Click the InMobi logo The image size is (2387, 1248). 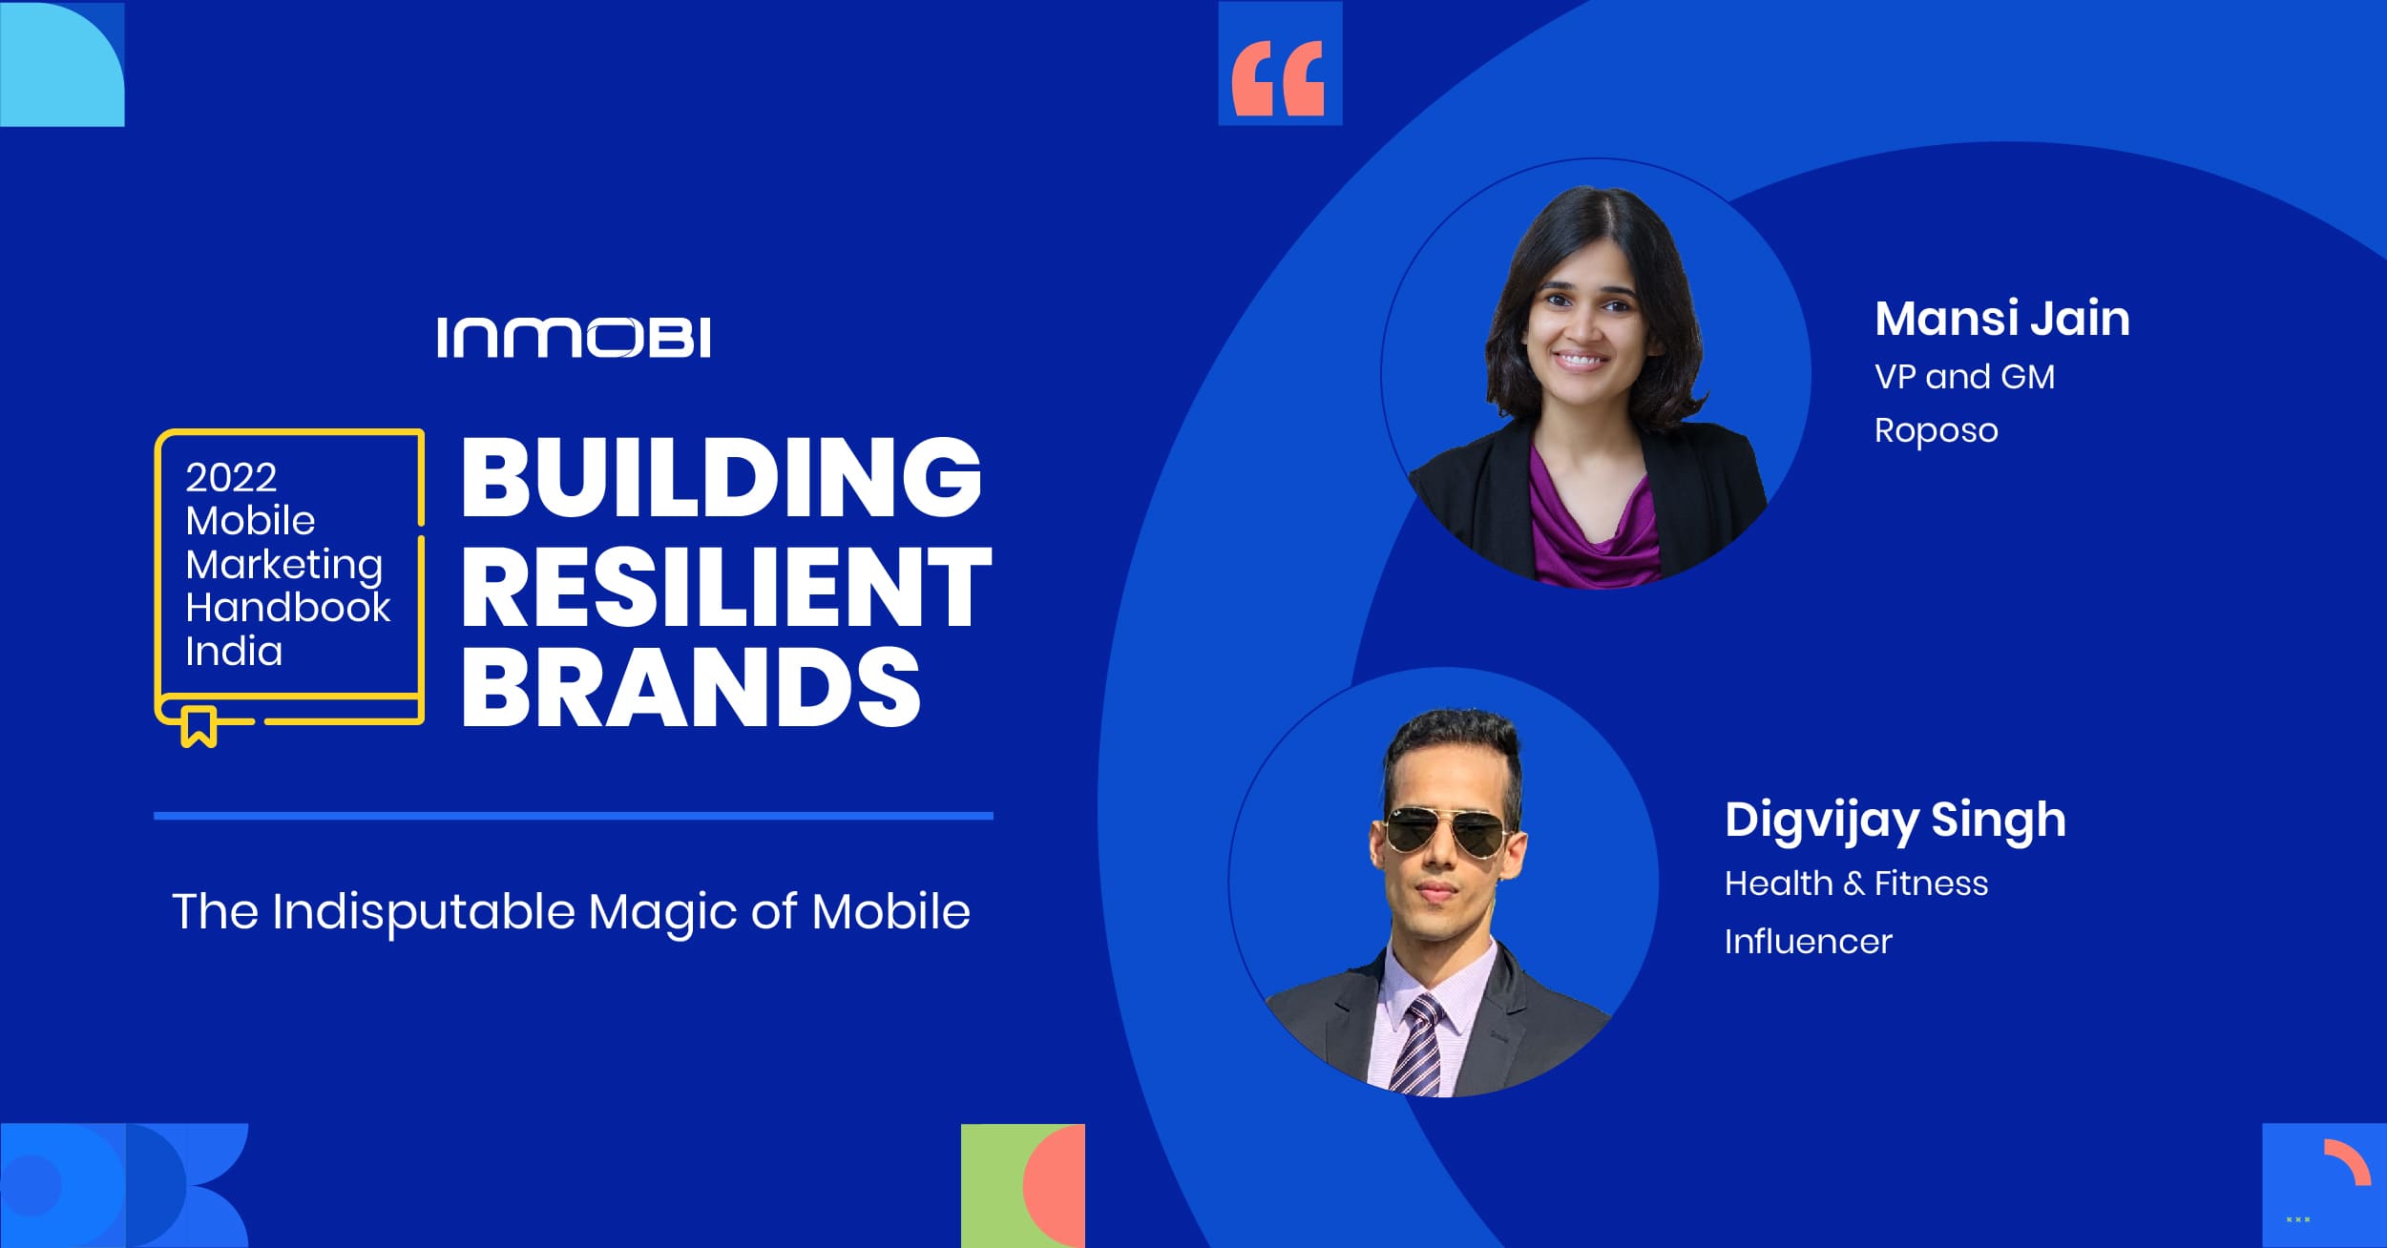tap(574, 338)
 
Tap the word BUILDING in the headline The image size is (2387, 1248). tap(722, 476)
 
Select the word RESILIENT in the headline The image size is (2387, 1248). tap(727, 586)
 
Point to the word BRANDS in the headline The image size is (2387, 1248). tap(691, 686)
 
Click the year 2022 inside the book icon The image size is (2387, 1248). tap(231, 477)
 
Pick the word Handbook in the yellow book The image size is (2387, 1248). tap(288, 607)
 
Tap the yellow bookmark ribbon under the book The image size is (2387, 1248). tap(199, 727)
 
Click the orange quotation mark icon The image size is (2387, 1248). tap(1279, 78)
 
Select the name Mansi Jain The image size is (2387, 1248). tap(2002, 318)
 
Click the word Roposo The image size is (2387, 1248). tap(1937, 430)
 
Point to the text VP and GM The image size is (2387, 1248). tap(1964, 377)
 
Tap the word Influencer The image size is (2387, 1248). tap(1808, 942)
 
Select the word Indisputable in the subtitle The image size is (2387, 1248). tap(424, 913)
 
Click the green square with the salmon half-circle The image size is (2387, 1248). tap(1023, 1186)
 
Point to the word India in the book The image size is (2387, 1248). tap(234, 652)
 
